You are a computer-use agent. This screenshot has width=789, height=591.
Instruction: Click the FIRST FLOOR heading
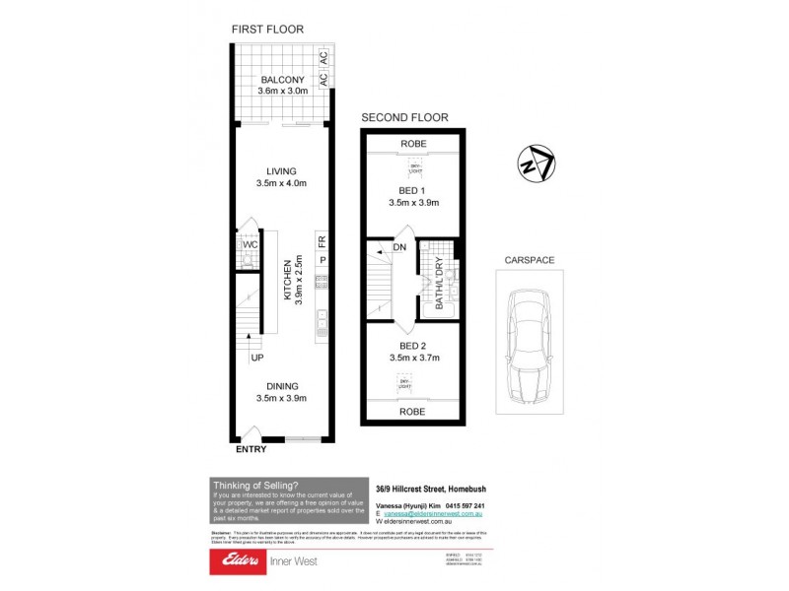coord(267,30)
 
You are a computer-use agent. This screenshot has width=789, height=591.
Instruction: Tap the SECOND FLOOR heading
coord(404,117)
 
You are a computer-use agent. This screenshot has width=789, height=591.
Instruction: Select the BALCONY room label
coord(281,80)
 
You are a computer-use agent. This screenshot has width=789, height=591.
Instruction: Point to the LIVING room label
coord(281,170)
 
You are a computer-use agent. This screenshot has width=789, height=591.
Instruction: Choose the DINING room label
coord(281,386)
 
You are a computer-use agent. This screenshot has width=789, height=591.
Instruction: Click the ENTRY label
coord(251,450)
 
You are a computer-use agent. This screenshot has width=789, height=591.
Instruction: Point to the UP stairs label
coord(256,358)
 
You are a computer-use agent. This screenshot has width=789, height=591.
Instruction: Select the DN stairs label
coord(400,248)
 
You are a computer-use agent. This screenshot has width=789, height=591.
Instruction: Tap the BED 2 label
coord(413,346)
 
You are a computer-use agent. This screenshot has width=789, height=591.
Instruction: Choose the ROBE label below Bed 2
coord(412,411)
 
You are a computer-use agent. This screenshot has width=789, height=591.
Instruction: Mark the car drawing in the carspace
coord(533,347)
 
